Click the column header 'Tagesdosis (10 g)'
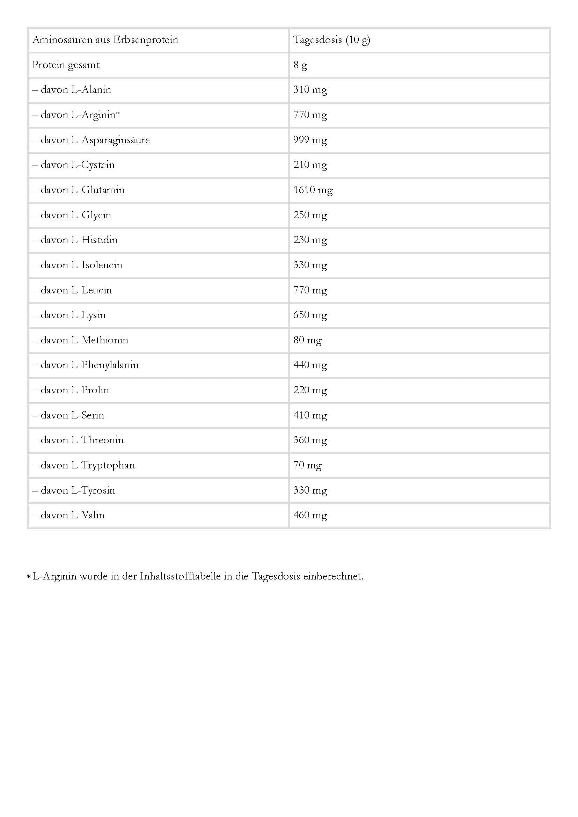click(331, 40)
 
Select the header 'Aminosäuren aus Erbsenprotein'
click(105, 40)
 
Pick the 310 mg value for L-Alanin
click(310, 90)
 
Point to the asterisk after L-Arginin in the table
click(118, 114)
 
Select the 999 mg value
click(310, 140)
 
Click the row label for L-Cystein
click(78, 165)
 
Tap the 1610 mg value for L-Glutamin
click(313, 190)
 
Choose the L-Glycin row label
click(76, 215)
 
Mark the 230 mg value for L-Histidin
click(310, 240)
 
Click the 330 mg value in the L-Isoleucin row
click(310, 265)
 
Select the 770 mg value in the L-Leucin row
click(310, 290)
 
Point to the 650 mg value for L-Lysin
click(310, 315)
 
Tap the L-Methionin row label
click(85, 340)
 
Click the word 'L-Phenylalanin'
click(105, 365)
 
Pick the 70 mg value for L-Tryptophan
click(307, 465)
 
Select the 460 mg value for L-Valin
click(310, 515)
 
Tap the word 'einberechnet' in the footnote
click(332, 576)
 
